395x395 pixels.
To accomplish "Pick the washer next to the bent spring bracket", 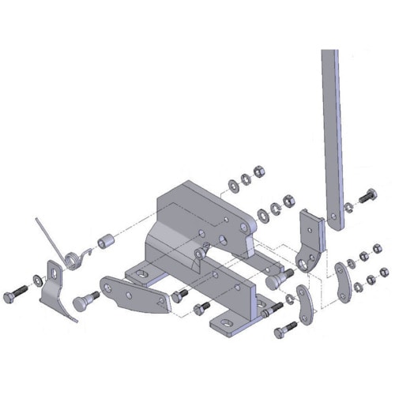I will click(39, 280).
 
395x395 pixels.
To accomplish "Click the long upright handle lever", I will click(332, 134).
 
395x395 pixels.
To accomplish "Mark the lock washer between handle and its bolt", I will click(349, 206).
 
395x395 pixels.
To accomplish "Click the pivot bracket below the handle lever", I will click(310, 241).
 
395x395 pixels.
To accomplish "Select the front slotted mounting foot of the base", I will click(228, 324).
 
